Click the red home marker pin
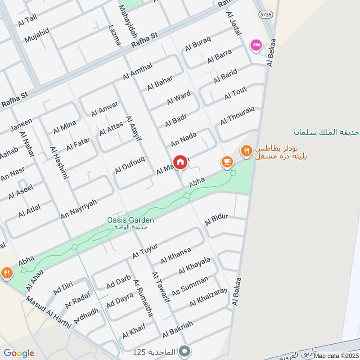click(180, 162)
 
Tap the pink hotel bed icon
click(256, 45)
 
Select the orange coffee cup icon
click(227, 161)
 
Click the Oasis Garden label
click(130, 220)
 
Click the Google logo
click(18, 353)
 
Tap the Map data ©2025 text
click(336, 355)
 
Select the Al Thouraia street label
click(237, 116)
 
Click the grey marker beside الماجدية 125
click(184, 350)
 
